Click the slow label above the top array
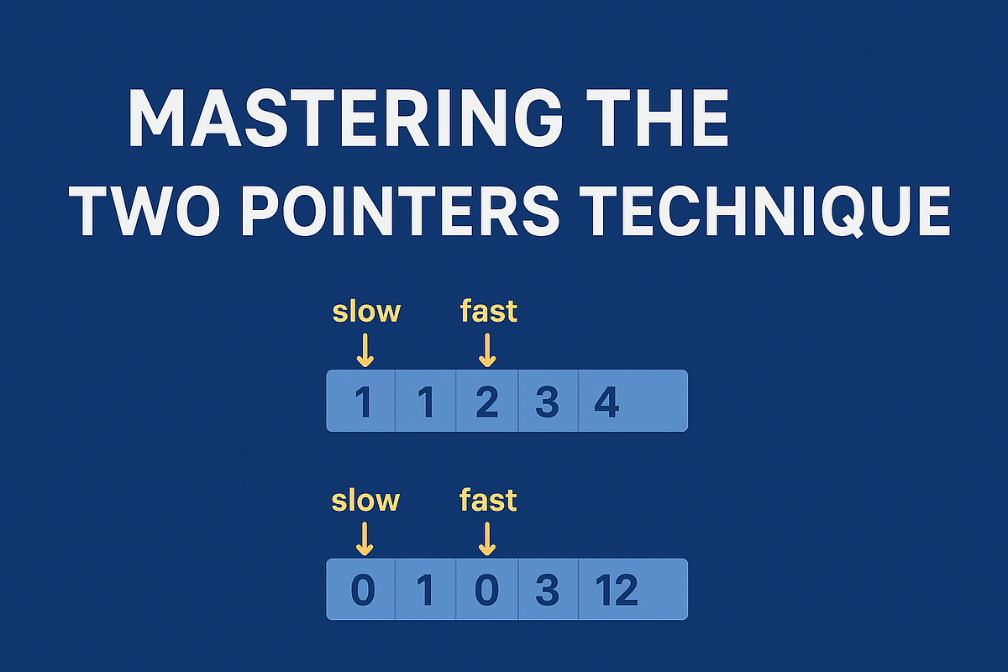(x=366, y=312)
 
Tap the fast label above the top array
(x=488, y=312)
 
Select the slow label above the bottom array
(x=365, y=501)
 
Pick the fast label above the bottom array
(x=488, y=501)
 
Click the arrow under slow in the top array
(x=365, y=349)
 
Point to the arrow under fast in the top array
(x=487, y=349)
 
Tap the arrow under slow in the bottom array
(x=364, y=538)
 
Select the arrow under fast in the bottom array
(x=486, y=538)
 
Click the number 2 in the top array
(x=487, y=403)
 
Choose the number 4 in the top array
(x=606, y=403)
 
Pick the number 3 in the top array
(x=547, y=403)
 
